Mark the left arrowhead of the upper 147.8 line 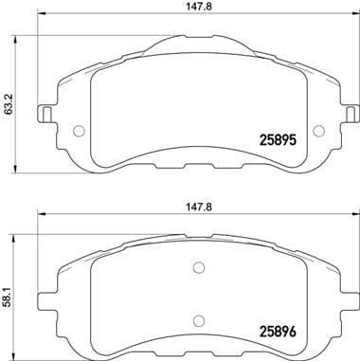[41, 22]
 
